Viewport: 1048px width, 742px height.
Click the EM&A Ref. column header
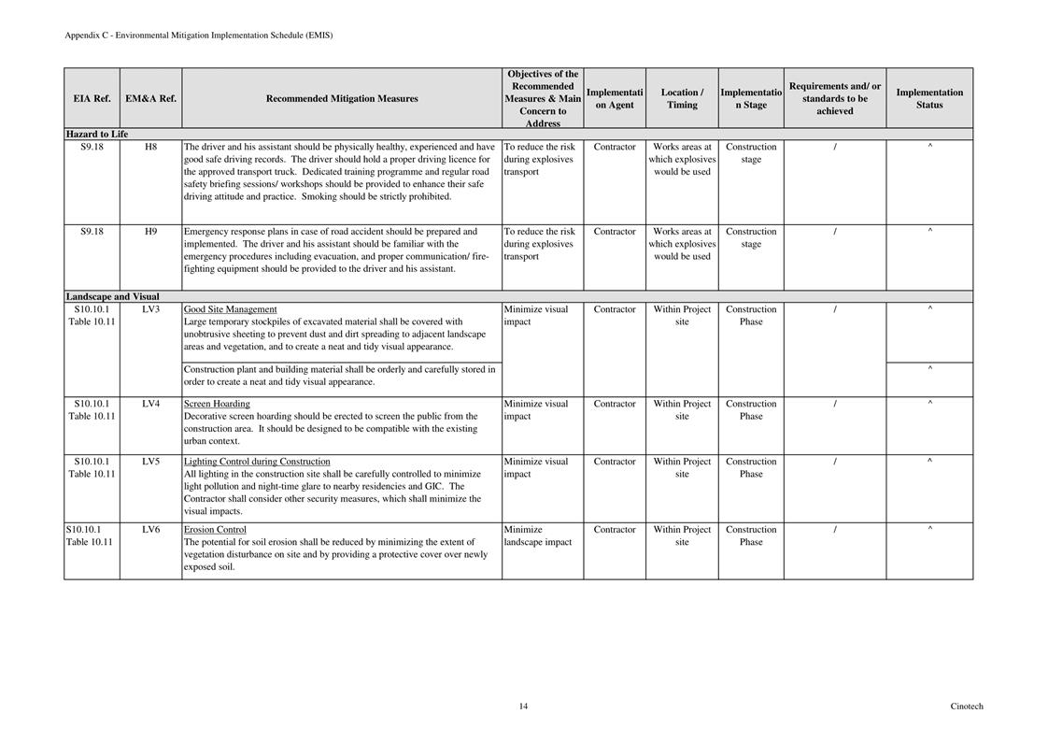(150, 98)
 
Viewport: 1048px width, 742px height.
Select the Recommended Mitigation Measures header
(342, 98)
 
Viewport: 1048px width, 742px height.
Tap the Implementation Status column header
(929, 98)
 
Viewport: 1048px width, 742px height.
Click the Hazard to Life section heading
(97, 135)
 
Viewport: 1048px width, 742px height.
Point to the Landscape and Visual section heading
(112, 297)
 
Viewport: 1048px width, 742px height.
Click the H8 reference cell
(150, 147)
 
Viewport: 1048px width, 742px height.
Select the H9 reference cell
(150, 232)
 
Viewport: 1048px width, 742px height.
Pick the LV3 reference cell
(150, 309)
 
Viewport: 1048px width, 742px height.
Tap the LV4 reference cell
(150, 404)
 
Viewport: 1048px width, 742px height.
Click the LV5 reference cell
(150, 462)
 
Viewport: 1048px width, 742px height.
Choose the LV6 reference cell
(150, 530)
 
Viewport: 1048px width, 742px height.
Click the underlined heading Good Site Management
(230, 309)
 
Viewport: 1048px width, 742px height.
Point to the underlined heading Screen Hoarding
(217, 404)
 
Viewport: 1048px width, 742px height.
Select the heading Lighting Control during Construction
(257, 462)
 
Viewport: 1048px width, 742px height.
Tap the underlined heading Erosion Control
(215, 530)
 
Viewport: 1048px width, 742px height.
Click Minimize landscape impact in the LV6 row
(537, 535)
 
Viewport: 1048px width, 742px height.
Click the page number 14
(523, 706)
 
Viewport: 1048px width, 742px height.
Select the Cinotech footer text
(967, 706)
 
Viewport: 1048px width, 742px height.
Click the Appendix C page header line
(198, 36)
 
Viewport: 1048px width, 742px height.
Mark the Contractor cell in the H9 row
(615, 232)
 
